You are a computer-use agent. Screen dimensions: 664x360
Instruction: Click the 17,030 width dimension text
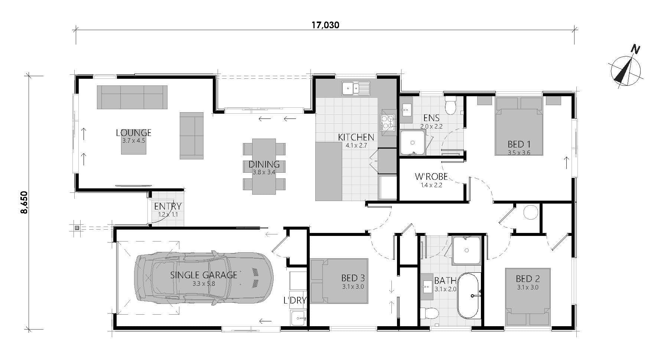325,25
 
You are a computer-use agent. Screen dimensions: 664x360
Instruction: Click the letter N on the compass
636,49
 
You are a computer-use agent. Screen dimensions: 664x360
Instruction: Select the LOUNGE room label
134,133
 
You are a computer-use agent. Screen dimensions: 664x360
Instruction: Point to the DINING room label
264,164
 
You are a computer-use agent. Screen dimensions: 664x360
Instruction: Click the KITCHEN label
356,137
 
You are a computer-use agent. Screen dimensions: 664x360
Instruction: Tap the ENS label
432,118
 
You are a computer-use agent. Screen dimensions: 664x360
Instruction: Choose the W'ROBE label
431,176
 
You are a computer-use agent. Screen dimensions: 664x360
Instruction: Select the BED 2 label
528,279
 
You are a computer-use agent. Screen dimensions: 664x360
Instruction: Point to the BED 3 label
353,278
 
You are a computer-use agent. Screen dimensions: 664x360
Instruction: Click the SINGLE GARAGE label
204,275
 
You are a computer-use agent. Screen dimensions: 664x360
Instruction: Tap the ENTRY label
168,206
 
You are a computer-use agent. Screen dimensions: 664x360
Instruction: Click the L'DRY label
295,300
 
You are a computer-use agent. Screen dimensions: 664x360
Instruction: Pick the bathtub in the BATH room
469,296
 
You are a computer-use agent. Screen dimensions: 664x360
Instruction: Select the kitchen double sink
356,88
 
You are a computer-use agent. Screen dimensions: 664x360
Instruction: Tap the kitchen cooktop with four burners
387,123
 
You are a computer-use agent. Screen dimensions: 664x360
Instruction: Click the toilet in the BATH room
429,313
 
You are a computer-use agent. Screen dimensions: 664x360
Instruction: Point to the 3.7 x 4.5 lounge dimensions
134,141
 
